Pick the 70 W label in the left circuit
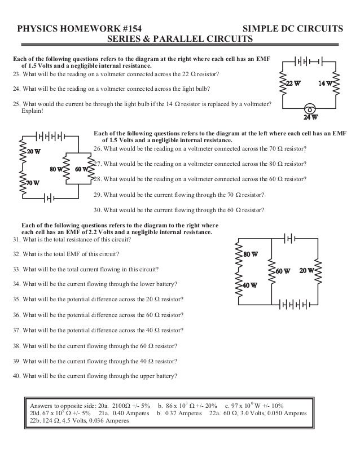point(33,182)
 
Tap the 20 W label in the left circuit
point(34,151)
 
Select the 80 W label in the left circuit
point(56,168)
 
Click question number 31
point(16,239)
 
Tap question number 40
point(16,376)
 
